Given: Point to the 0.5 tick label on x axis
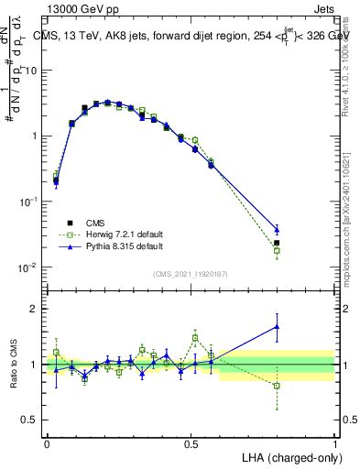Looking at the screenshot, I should click(x=191, y=442).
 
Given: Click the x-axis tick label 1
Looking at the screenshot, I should click(x=334, y=442).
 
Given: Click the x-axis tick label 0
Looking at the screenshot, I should click(x=47, y=442).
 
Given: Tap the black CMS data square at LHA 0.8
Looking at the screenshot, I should click(x=277, y=243).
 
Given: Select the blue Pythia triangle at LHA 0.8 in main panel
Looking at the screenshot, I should click(x=277, y=229).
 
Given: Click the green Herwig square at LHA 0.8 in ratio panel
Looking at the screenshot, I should click(x=277, y=386).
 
